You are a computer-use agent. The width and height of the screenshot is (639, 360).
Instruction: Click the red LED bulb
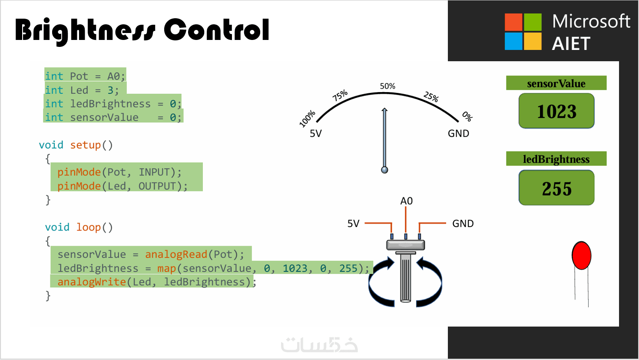pyautogui.click(x=581, y=256)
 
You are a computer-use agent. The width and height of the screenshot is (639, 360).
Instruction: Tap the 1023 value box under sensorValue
pyautogui.click(x=556, y=111)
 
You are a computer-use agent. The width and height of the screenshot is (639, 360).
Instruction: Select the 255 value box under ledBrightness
pyautogui.click(x=556, y=188)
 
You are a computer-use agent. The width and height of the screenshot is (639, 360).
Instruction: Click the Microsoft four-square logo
pyautogui.click(x=523, y=32)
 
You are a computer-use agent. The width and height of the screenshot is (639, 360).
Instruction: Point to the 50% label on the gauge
pyautogui.click(x=387, y=86)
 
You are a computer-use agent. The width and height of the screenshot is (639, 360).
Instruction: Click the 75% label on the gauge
pyautogui.click(x=340, y=95)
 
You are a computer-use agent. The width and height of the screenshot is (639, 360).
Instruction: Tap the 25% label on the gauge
pyautogui.click(x=431, y=96)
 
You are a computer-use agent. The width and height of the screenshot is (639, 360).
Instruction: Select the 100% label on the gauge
pyautogui.click(x=307, y=119)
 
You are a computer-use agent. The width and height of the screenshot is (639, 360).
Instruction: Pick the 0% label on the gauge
pyautogui.click(x=467, y=116)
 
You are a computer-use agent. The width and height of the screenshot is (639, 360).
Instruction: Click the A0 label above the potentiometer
pyautogui.click(x=406, y=201)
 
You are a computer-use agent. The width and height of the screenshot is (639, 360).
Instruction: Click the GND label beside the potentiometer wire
pyautogui.click(x=463, y=224)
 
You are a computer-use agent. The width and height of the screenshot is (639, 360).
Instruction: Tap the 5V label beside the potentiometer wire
pyautogui.click(x=353, y=224)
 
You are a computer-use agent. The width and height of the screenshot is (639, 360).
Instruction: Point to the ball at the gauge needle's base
pyautogui.click(x=384, y=170)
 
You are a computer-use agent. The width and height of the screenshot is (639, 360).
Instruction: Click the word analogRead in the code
pyautogui.click(x=176, y=254)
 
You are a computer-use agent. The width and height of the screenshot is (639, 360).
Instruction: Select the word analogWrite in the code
pyautogui.click(x=92, y=282)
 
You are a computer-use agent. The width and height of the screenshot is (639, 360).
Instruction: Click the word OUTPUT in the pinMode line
pyautogui.click(x=157, y=186)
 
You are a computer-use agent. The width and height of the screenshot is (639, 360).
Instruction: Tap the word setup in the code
pyautogui.click(x=86, y=145)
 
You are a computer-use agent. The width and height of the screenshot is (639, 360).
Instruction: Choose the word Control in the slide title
pyautogui.click(x=216, y=30)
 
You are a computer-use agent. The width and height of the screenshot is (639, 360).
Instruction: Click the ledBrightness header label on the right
pyautogui.click(x=556, y=159)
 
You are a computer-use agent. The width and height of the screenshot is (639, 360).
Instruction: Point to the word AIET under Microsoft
pyautogui.click(x=571, y=44)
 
